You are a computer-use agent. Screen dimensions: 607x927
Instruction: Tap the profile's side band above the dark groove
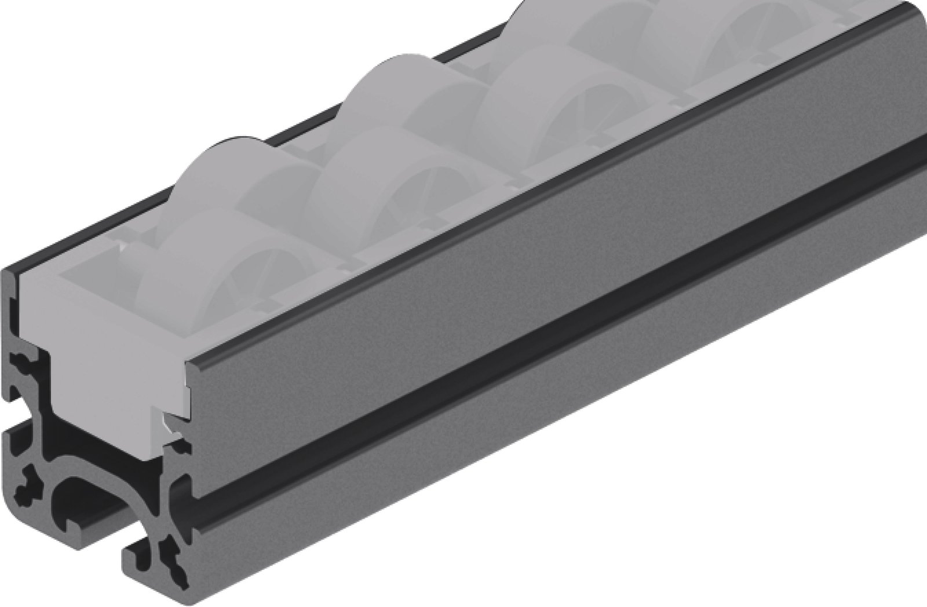(x=521, y=232)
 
